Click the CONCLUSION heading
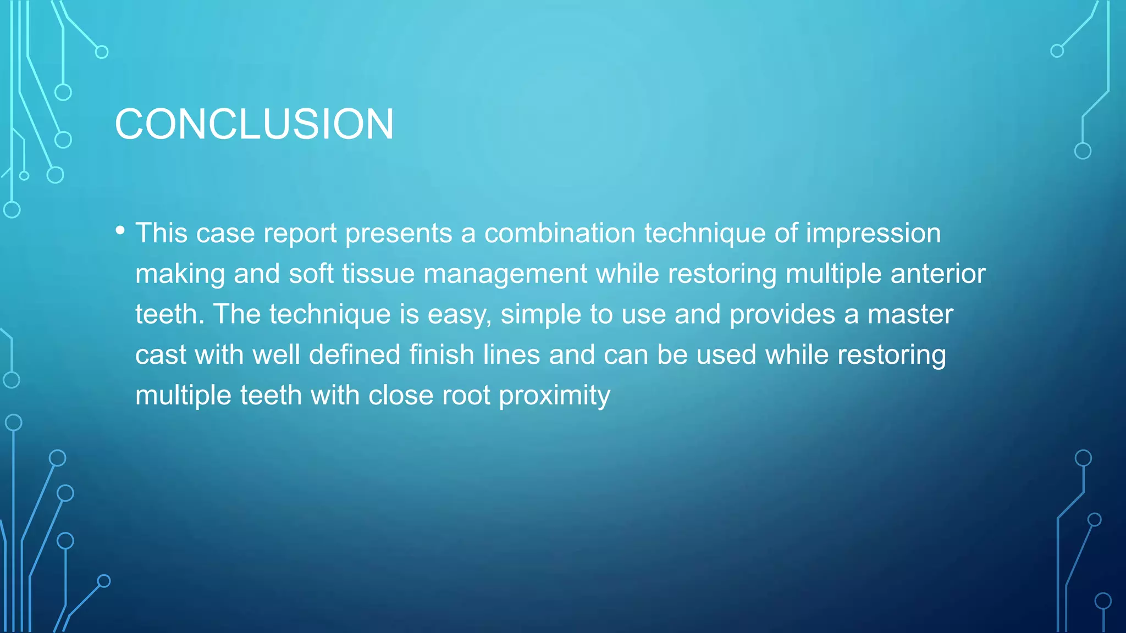[x=254, y=124]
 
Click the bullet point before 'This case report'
[x=120, y=231]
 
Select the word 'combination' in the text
[x=560, y=233]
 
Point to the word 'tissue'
[x=378, y=274]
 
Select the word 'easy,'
[x=460, y=315]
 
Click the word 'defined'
[x=355, y=354]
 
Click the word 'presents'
[x=399, y=234]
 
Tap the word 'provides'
[x=782, y=315]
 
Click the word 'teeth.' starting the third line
[x=170, y=314]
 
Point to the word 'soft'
[x=311, y=274]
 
